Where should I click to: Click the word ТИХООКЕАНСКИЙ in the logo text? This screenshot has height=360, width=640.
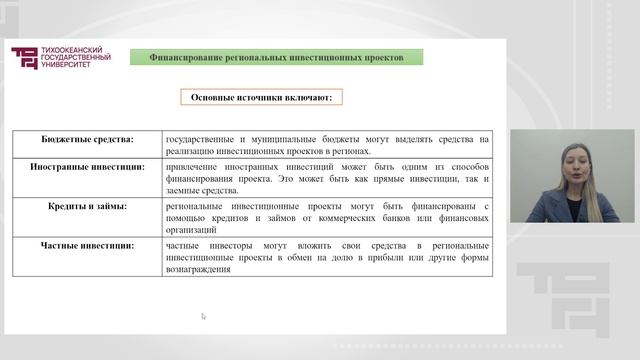pos(70,50)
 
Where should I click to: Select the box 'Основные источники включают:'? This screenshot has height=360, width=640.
pos(262,98)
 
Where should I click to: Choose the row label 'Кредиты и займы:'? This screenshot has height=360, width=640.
pos(87,205)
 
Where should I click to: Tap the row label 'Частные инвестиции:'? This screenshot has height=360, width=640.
pos(87,244)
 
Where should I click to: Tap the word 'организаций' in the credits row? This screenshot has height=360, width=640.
pos(189,229)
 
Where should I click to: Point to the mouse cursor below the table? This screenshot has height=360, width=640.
pos(203,316)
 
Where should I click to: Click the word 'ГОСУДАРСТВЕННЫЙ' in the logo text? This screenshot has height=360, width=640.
pos(76,58)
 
